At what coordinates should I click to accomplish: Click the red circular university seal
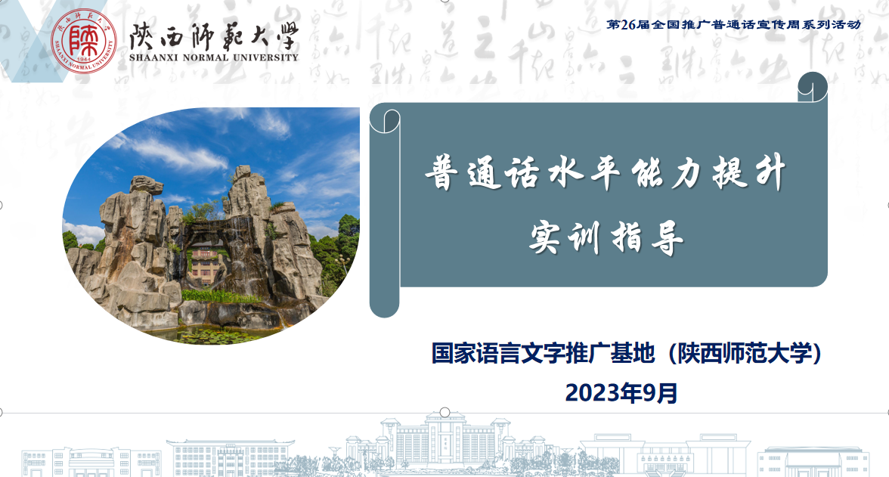pos(84,42)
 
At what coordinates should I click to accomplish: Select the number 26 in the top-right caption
pos(628,24)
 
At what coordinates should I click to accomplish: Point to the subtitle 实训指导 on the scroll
pos(606,237)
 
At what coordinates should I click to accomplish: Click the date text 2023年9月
pos(621,392)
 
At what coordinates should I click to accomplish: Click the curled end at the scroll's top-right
pos(813,87)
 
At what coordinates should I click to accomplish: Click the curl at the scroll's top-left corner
pos(385,119)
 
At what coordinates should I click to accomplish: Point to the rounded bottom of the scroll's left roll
pos(384,306)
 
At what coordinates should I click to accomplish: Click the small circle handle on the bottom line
pos(445,412)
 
